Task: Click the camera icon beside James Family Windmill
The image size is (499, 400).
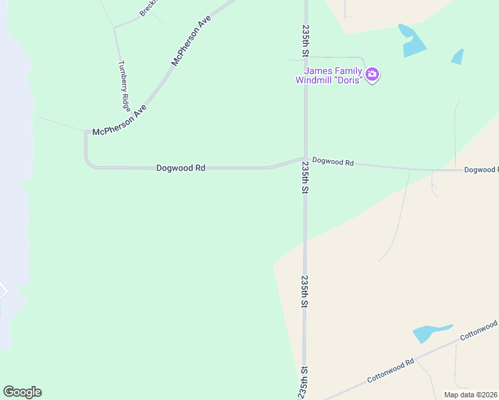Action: [x=373, y=74]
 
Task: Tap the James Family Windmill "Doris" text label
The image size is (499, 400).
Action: [x=330, y=75]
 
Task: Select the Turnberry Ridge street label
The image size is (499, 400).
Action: [x=124, y=85]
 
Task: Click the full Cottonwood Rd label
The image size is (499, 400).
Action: [x=391, y=371]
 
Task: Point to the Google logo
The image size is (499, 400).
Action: [x=22, y=392]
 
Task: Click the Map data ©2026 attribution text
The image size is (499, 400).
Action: [x=471, y=395]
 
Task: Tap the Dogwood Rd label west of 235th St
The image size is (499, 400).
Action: [x=180, y=168]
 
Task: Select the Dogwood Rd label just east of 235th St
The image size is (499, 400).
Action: [x=332, y=161]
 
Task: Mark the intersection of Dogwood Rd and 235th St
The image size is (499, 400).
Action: [x=306, y=159]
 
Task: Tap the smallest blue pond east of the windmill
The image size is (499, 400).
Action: [x=458, y=57]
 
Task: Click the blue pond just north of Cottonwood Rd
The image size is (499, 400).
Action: [x=431, y=333]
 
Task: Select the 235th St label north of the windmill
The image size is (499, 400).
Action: [x=306, y=41]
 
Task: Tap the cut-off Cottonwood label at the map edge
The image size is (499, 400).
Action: [x=478, y=329]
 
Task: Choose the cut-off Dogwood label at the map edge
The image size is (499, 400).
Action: [x=481, y=170]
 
